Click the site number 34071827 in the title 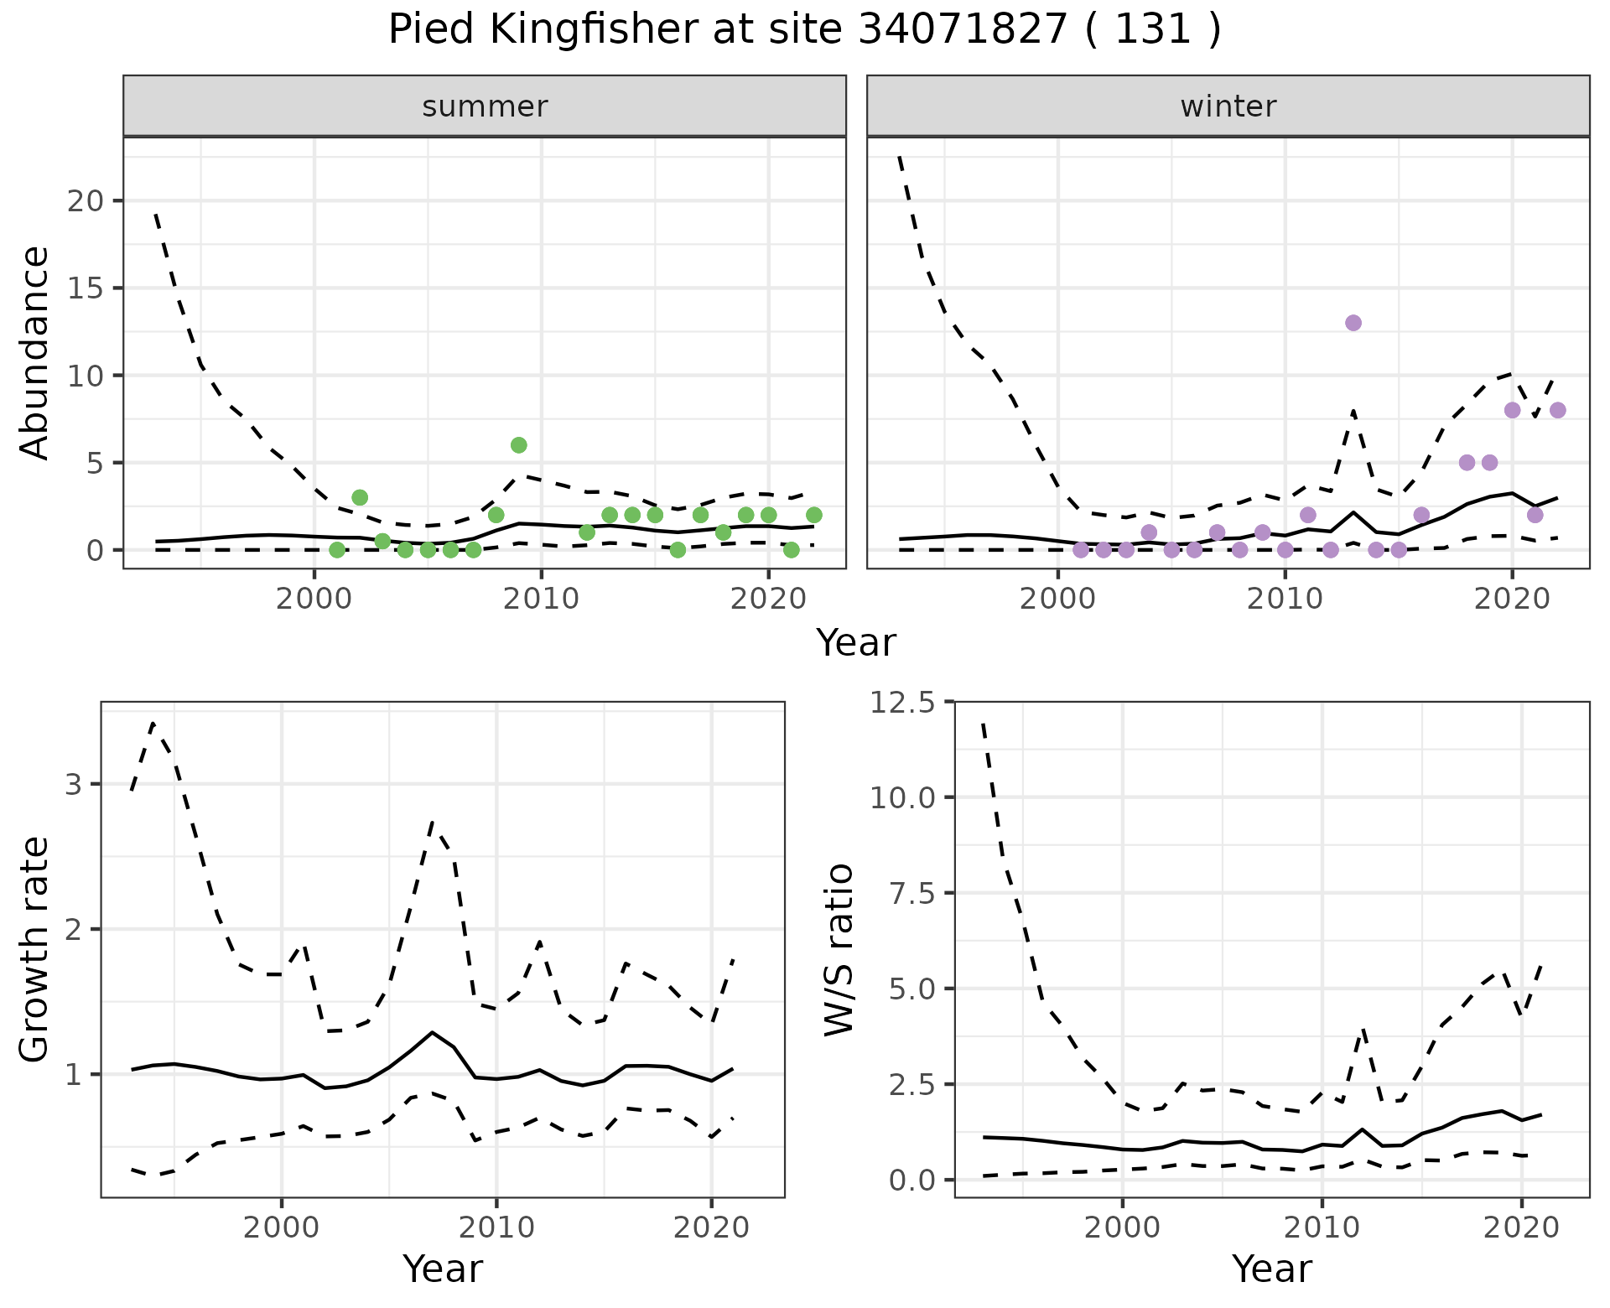pos(963,31)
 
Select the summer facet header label pos(485,106)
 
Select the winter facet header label pos(1228,106)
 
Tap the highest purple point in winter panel pos(1353,323)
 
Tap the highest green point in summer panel pos(518,445)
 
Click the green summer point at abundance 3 pos(360,497)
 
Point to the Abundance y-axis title pos(35,352)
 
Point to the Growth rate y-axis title pos(35,949)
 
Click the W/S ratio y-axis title pos(839,949)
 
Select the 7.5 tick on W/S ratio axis pos(912,893)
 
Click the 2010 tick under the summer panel pos(541,599)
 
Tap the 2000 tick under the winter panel pos(1057,599)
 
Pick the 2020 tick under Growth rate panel pos(711,1228)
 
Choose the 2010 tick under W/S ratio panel pos(1322,1228)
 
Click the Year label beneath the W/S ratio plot pos(1271,1269)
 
